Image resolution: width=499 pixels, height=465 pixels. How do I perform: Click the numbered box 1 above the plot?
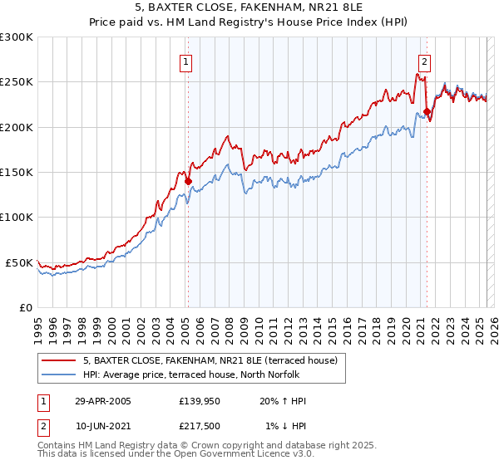[185, 61]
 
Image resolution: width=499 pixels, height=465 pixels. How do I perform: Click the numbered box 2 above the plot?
[425, 61]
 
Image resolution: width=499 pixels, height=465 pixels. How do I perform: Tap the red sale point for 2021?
[427, 111]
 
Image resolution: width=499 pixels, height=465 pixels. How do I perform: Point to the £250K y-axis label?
[17, 82]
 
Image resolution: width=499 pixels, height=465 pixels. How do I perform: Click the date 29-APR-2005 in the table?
[103, 401]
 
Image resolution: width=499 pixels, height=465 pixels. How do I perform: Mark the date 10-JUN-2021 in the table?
[103, 426]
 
